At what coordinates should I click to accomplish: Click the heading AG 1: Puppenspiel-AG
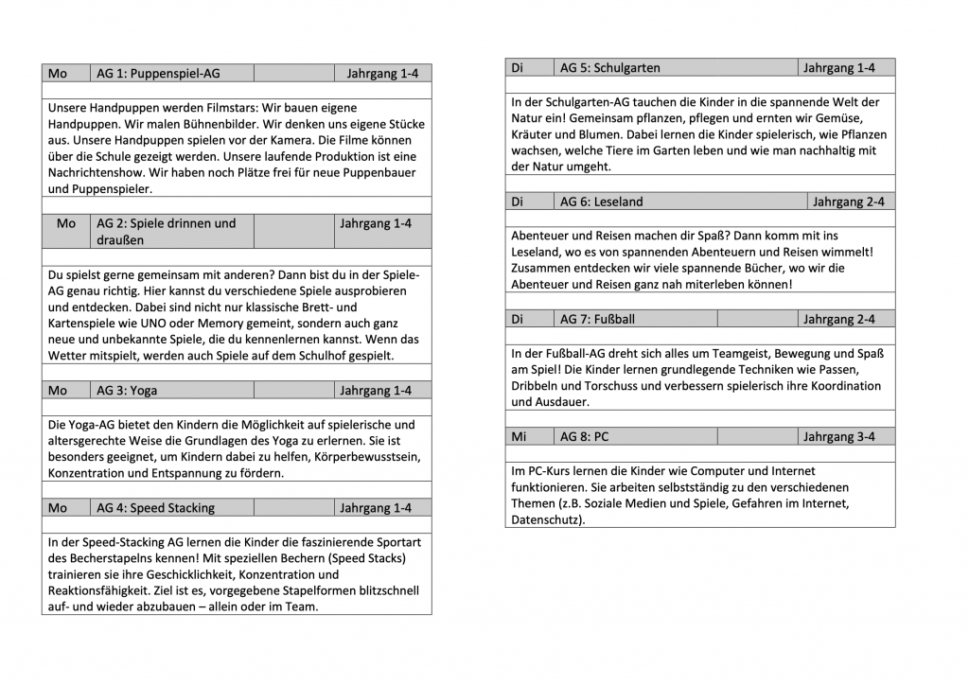pyautogui.click(x=159, y=73)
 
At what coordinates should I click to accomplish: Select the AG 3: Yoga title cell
pyautogui.click(x=128, y=390)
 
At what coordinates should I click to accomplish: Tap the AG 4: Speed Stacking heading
pyautogui.click(x=155, y=507)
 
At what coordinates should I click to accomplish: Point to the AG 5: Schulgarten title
pyautogui.click(x=609, y=67)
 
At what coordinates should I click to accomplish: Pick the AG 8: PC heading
pyautogui.click(x=584, y=436)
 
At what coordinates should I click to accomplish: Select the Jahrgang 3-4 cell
pyautogui.click(x=838, y=436)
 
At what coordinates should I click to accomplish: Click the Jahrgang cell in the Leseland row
pyautogui.click(x=850, y=202)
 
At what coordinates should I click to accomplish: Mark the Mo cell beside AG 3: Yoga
pyautogui.click(x=58, y=390)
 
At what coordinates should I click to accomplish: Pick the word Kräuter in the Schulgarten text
pyautogui.click(x=533, y=133)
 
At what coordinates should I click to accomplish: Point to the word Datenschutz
pyautogui.click(x=546, y=519)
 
